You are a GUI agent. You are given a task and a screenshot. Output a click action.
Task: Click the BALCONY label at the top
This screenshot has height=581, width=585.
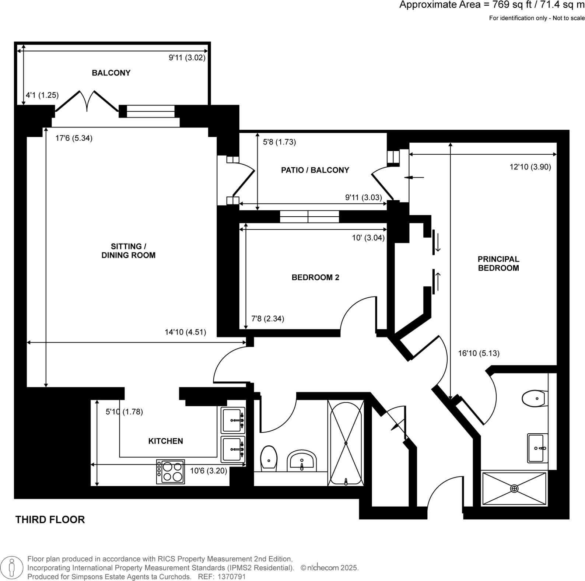pos(111,73)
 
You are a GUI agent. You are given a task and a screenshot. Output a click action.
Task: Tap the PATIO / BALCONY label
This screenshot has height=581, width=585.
pos(315,170)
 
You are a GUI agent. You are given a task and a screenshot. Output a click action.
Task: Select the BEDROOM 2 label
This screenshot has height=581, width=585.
pos(315,277)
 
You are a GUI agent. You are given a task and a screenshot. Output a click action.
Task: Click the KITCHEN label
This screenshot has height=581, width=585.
pos(165,441)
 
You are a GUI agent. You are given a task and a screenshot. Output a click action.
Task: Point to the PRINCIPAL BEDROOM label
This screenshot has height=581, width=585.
pos(498,264)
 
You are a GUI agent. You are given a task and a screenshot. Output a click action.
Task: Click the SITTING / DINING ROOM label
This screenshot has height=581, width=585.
pos(128,251)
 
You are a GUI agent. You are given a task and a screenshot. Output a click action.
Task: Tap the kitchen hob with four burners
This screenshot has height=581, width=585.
pos(171,472)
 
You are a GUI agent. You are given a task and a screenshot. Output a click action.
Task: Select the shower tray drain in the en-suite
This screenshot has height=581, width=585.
pos(514,489)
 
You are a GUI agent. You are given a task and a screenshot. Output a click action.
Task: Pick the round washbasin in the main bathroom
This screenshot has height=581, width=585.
pos(302,461)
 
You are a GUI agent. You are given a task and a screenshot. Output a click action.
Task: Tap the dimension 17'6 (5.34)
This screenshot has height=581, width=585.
pos(74,138)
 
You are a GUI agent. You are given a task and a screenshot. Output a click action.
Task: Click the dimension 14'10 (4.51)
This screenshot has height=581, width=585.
pos(185,332)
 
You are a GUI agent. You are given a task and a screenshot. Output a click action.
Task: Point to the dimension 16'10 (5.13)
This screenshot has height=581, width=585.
pos(479,353)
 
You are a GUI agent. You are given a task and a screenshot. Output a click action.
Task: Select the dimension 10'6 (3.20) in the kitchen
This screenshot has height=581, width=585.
pos(209,471)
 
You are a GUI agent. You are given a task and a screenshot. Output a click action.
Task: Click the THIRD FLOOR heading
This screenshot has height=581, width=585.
pos(50,519)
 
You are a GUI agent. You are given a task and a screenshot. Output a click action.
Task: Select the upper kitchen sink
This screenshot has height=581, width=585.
pos(233,420)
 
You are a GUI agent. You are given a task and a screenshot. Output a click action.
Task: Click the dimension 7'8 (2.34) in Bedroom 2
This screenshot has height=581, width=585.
pos(267,319)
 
